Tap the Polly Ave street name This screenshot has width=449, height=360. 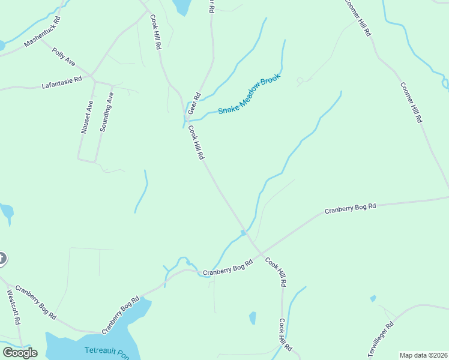64,57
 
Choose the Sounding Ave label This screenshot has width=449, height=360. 106,112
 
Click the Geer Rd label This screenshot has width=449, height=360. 193,104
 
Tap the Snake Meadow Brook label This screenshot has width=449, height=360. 249,94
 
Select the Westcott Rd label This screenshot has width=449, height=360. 14,307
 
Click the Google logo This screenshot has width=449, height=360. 20,352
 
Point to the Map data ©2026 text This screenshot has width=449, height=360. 423,355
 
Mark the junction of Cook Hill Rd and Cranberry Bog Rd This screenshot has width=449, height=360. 259,252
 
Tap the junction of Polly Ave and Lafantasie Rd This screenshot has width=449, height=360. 91,77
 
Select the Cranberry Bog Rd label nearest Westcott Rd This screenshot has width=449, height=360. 36,302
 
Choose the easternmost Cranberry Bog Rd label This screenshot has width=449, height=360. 350,208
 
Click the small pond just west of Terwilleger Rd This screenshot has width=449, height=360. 373,298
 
